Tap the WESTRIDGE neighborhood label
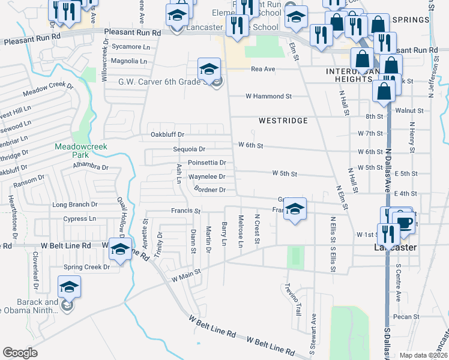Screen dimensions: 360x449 pos(283,121)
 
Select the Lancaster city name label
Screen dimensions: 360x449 pos(395,247)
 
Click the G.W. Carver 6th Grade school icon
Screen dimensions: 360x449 pos(208,70)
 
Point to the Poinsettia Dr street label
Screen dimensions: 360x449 pos(206,163)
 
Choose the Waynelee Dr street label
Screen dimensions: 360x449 pos(206,177)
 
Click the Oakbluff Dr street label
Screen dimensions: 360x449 pos(167,134)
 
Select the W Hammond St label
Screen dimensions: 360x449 pos(268,96)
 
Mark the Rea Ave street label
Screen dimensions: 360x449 pos(263,69)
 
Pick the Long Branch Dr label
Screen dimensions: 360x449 pos(75,205)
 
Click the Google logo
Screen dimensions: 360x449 pos(20,353)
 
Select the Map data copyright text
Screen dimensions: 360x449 pos(423,355)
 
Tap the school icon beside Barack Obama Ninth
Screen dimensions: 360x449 pos(69,287)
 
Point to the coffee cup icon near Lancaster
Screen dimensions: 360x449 pos(405,222)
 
